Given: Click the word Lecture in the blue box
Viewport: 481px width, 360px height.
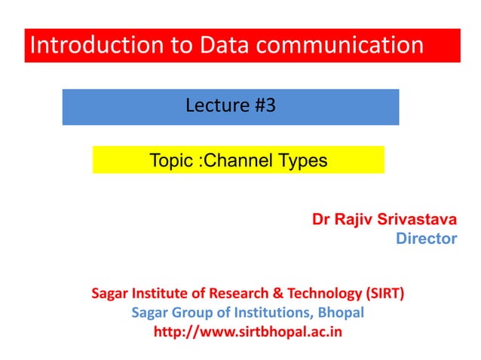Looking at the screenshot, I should (x=213, y=106).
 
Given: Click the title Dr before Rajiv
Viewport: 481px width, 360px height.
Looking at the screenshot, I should (x=321, y=220).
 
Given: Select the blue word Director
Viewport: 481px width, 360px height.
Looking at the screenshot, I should (x=426, y=239).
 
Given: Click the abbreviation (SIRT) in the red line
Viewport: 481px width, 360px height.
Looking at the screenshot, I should (x=384, y=293).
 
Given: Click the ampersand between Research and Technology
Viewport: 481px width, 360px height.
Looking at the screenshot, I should (x=280, y=293).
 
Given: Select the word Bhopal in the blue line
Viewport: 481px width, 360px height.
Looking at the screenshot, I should (x=341, y=312).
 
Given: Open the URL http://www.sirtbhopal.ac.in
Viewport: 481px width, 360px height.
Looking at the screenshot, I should (x=247, y=331).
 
